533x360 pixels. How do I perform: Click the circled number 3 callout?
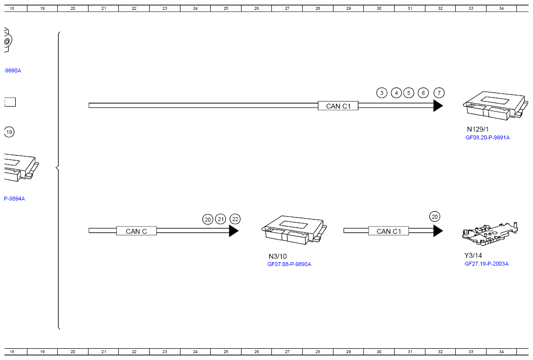(x=382, y=93)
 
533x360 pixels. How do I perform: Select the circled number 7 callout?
(x=439, y=93)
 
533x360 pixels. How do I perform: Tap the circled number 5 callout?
(x=409, y=93)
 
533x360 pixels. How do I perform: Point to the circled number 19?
(x=9, y=132)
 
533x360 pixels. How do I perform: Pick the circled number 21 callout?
(x=221, y=219)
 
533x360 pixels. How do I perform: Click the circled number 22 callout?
(x=235, y=219)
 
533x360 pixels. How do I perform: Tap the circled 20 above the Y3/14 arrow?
(x=435, y=217)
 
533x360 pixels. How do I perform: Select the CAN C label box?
(x=136, y=231)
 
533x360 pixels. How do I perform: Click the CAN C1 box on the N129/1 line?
(x=338, y=106)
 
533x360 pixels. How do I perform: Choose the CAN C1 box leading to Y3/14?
(x=388, y=231)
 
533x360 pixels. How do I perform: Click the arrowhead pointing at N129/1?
(x=438, y=106)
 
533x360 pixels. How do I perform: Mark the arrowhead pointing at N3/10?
(x=234, y=231)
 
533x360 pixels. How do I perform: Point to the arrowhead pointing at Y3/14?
(x=438, y=231)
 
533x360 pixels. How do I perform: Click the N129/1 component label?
(x=478, y=130)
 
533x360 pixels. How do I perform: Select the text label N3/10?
(x=278, y=256)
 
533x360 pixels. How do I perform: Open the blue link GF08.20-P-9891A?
(x=487, y=138)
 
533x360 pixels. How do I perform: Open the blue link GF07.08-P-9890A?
(x=289, y=264)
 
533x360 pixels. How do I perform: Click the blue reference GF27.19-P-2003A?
(x=487, y=264)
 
